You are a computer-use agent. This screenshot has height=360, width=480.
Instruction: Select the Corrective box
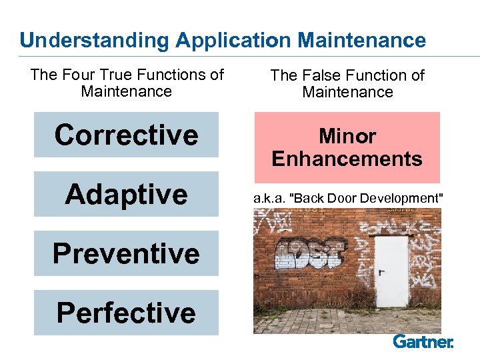pos(126,135)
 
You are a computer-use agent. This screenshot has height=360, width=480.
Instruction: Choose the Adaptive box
pos(126,194)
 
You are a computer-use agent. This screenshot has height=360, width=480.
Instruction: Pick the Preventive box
pos(126,253)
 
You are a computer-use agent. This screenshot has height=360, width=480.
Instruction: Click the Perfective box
pos(126,313)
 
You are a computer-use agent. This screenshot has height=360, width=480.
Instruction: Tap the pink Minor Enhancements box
pos(347,147)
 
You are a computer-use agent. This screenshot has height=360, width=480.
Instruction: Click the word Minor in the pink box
pos(347,137)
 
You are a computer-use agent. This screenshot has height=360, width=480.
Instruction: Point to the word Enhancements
pos(347,159)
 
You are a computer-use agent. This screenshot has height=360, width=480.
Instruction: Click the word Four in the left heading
pos(78,75)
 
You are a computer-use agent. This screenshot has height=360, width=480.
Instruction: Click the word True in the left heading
pos(120,75)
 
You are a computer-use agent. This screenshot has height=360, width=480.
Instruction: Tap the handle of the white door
pos(382,272)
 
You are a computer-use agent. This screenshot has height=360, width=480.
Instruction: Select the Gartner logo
pos(423,342)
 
